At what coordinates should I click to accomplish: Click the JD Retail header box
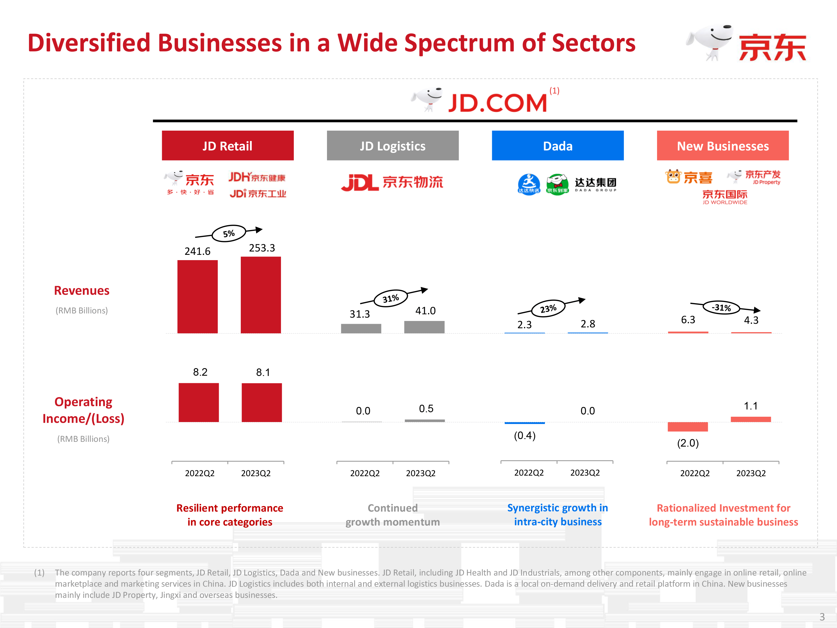[227, 146]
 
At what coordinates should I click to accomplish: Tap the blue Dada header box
[557, 146]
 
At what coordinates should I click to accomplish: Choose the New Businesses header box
[722, 146]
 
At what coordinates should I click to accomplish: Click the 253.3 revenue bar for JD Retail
[261, 295]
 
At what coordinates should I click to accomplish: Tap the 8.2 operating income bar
[199, 402]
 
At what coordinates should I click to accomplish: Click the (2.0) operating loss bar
[687, 426]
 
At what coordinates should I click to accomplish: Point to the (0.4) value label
[525, 436]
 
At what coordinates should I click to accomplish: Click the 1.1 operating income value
[751, 406]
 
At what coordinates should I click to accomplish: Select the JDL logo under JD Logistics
[359, 183]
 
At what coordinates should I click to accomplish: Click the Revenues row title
[82, 291]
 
